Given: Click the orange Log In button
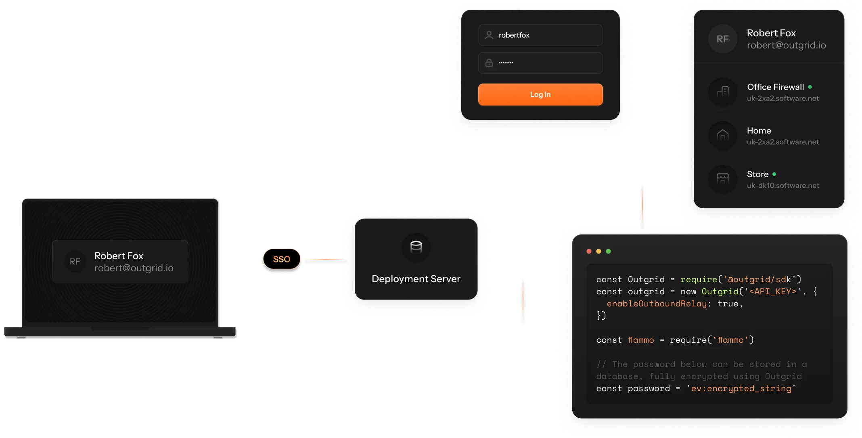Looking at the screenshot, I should (540, 94).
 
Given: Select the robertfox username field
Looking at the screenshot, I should (540, 35).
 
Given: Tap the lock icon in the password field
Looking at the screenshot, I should (489, 63).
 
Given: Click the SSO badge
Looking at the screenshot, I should (282, 259).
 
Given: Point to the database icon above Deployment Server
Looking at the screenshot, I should (416, 247).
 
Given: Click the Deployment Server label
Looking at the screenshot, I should (416, 279).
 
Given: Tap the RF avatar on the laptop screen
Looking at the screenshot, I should (75, 262).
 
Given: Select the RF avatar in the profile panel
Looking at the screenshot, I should (722, 39).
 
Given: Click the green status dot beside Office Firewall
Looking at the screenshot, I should (810, 87).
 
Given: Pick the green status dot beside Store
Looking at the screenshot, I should (774, 174).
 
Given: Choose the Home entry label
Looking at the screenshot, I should (759, 131).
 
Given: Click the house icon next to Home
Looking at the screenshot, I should (722, 135).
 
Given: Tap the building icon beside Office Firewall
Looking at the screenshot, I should (722, 92).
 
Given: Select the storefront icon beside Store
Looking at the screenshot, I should (722, 179).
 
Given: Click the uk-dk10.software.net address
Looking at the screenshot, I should (783, 186).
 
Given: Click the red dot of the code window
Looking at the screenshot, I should (589, 251).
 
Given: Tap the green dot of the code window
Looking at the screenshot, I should (609, 251).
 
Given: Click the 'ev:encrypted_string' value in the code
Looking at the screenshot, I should (741, 388).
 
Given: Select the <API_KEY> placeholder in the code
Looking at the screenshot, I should (773, 291).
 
